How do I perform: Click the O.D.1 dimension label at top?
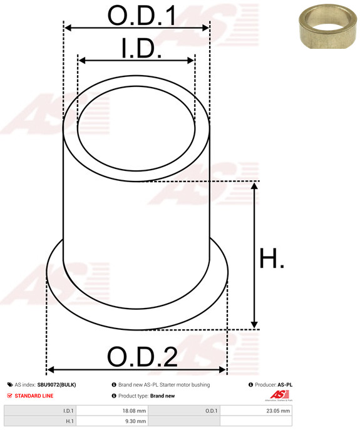tap(141, 15)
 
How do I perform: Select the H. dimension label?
tap(271, 258)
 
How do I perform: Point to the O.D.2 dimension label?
tap(142, 357)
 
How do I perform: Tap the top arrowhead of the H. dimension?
tap(254, 187)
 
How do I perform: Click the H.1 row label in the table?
tap(69, 422)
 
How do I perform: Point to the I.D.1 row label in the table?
tap(68, 411)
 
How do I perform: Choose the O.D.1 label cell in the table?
tap(211, 411)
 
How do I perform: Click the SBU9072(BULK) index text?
tap(56, 385)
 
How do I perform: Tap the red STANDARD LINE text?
tap(34, 396)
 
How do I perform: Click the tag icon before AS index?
tap(9, 385)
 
